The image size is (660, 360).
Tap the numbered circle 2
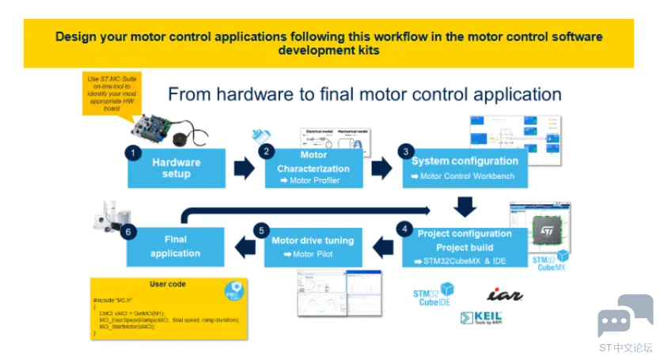267,150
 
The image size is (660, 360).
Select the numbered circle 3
406,150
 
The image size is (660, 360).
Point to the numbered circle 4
405,229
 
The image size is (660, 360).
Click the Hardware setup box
176,168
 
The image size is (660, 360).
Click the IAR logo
504,294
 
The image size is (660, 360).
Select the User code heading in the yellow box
168,284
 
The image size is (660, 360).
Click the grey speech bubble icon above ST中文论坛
625,315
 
